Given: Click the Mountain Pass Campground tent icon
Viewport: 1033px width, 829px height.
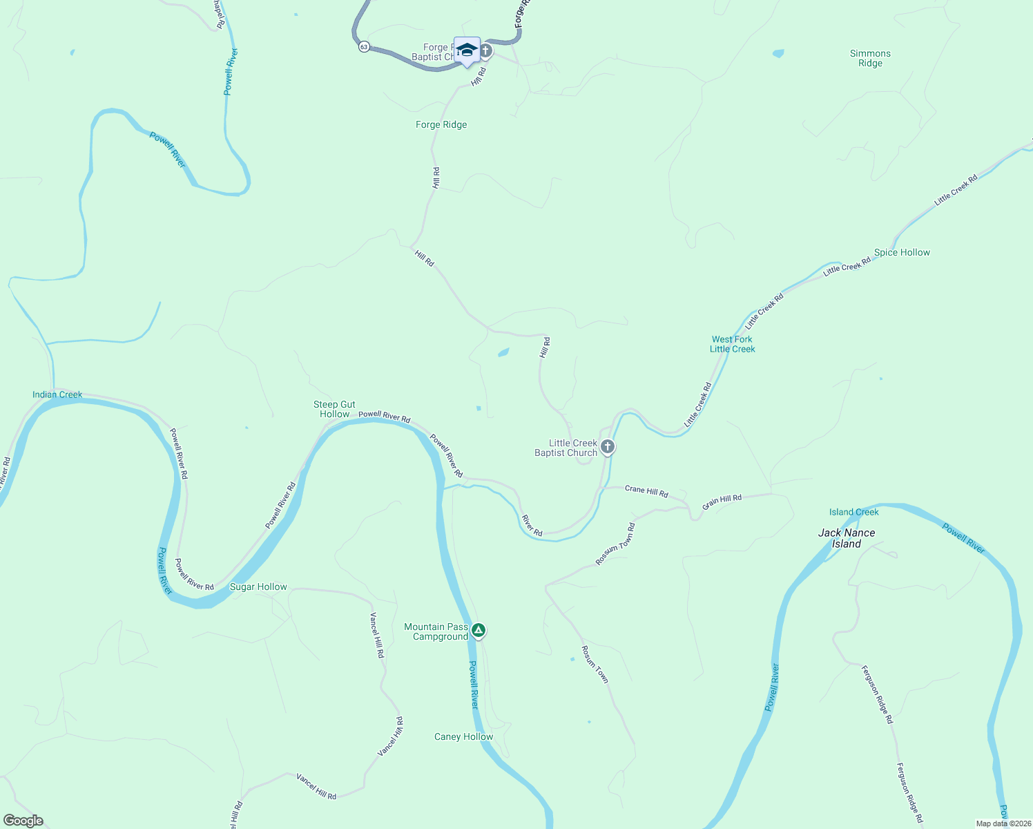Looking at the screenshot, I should tap(479, 630).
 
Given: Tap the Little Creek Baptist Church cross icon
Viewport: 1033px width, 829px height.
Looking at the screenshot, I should tap(608, 447).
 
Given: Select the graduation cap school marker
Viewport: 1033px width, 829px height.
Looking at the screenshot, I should tap(467, 50).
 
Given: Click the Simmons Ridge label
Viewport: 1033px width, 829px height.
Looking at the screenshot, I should tap(870, 58).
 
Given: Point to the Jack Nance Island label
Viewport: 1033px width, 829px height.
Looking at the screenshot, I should tap(847, 538).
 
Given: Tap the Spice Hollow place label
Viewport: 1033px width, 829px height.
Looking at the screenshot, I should tap(902, 252).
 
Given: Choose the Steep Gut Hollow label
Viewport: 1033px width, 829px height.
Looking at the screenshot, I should tap(334, 409).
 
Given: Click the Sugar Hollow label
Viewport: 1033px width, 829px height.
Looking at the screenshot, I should tap(258, 587).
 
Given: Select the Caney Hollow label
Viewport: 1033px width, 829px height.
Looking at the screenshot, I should tap(463, 736).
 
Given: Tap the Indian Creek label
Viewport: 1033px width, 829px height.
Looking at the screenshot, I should tap(57, 394).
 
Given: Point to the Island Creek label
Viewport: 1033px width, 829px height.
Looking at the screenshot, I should tap(853, 512).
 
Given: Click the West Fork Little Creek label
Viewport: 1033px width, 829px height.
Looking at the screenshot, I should tap(732, 344).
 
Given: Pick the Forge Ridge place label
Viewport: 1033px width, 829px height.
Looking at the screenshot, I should tap(441, 124).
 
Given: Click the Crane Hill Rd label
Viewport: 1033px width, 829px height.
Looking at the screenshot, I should tap(646, 491).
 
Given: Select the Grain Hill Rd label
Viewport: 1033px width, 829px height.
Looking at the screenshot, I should tap(722, 502).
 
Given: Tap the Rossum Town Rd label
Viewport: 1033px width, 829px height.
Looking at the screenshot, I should tap(616, 544).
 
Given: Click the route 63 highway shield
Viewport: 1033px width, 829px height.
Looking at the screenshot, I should tap(364, 47).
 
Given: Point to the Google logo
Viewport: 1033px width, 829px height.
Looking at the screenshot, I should tap(23, 821).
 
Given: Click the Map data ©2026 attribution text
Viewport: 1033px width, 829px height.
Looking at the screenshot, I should tap(1003, 823).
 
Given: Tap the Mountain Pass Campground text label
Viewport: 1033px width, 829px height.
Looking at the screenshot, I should tap(436, 631).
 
